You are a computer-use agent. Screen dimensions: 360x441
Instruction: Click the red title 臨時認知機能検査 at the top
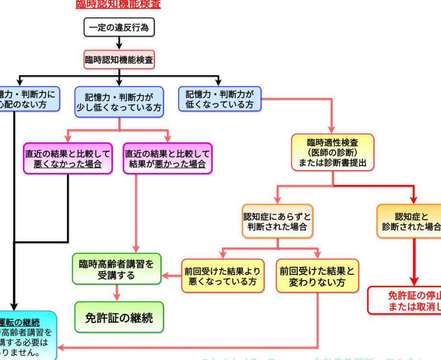(x=118, y=4)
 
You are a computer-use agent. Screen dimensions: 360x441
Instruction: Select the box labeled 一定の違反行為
(x=119, y=27)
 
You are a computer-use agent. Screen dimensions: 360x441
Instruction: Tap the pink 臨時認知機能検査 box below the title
(x=119, y=60)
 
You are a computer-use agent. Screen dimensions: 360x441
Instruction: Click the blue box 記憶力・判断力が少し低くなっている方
(x=119, y=101)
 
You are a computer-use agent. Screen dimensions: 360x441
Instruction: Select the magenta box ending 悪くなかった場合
(x=68, y=158)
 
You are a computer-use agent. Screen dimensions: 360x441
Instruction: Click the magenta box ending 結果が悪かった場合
(x=168, y=158)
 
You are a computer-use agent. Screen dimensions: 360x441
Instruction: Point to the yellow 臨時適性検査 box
(x=333, y=152)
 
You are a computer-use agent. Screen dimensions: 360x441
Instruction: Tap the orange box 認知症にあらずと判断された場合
(x=278, y=221)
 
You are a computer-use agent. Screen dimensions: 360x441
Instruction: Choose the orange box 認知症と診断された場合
(x=411, y=221)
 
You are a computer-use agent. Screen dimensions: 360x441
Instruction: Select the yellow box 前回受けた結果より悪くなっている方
(x=223, y=276)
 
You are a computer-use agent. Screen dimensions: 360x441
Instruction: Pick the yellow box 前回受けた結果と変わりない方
(x=317, y=276)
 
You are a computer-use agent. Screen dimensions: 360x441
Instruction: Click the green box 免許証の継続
(x=119, y=317)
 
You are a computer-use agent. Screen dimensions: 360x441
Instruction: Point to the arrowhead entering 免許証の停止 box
(x=415, y=281)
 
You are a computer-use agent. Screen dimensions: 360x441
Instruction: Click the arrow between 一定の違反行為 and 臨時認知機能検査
(x=119, y=44)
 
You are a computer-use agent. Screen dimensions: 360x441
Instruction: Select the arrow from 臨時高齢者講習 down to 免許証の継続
(x=117, y=293)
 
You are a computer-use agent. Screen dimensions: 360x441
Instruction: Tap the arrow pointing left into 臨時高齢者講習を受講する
(x=168, y=275)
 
